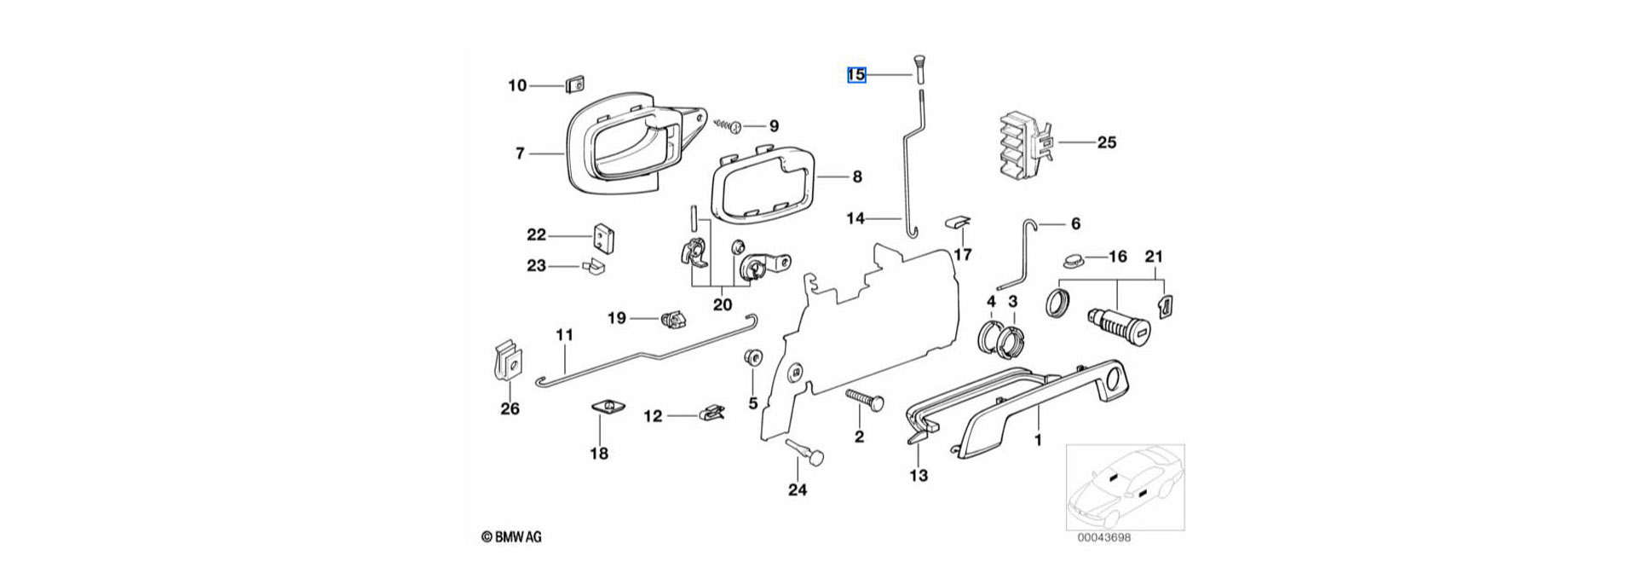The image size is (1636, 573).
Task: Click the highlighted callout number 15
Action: tap(856, 75)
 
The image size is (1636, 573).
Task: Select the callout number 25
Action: tap(1106, 142)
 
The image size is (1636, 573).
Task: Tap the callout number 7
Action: tap(520, 153)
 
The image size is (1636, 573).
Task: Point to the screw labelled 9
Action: tap(734, 126)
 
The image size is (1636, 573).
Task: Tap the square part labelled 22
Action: tap(602, 239)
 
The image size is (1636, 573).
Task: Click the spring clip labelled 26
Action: tap(509, 364)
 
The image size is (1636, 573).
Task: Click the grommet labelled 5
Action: tap(753, 357)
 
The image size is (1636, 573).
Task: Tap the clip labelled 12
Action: tap(712, 414)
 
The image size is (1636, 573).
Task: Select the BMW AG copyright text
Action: tap(511, 537)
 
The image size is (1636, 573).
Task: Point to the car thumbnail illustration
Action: tap(1124, 486)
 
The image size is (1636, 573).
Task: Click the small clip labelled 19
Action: tap(674, 320)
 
